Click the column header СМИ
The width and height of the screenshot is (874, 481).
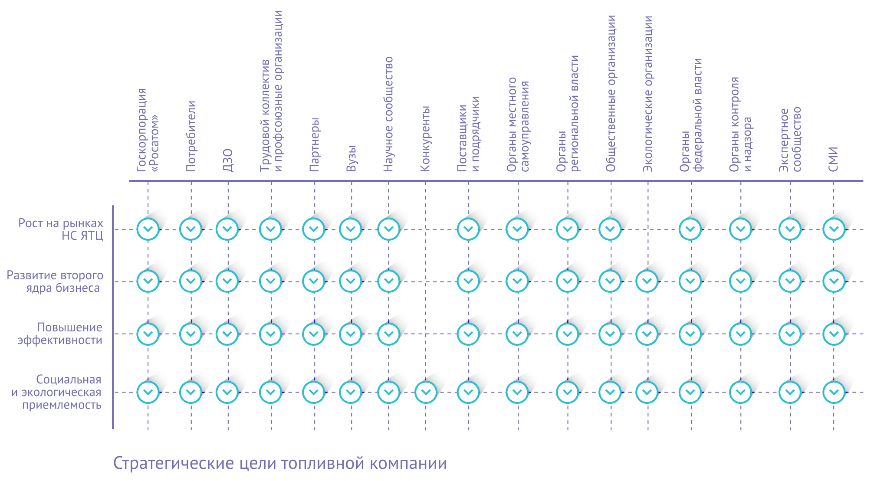pyautogui.click(x=833, y=159)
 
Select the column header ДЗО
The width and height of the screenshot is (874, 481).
pyautogui.click(x=228, y=160)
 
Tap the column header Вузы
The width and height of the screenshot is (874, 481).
pyautogui.click(x=351, y=158)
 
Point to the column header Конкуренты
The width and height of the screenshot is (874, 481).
pyautogui.click(x=425, y=138)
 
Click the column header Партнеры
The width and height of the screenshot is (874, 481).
pyautogui.click(x=314, y=144)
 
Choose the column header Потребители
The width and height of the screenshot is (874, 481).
pyautogui.click(x=191, y=136)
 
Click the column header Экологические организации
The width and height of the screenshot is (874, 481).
pyautogui.click(x=647, y=94)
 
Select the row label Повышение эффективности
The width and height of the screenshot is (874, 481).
pyautogui.click(x=60, y=334)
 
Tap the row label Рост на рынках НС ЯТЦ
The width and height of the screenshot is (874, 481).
pyautogui.click(x=61, y=229)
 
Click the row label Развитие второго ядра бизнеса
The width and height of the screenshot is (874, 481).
pyautogui.click(x=55, y=281)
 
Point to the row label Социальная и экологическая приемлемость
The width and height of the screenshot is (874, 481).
pyautogui.click(x=56, y=392)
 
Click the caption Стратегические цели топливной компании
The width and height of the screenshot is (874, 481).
pyautogui.click(x=280, y=463)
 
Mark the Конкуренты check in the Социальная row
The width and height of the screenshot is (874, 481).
pyautogui.click(x=426, y=392)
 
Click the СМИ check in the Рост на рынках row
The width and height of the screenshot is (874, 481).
pyautogui.click(x=834, y=229)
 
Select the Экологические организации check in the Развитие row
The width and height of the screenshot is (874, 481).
pyautogui.click(x=647, y=281)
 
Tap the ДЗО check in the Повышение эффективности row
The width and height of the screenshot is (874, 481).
pyautogui.click(x=227, y=334)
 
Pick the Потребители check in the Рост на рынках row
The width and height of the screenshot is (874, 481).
pyautogui.click(x=191, y=229)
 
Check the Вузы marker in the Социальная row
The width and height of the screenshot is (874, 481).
pyautogui.click(x=351, y=392)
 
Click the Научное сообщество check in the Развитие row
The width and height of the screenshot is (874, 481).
pyautogui.click(x=388, y=281)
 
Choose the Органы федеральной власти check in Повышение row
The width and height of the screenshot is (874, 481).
pyautogui.click(x=690, y=334)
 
